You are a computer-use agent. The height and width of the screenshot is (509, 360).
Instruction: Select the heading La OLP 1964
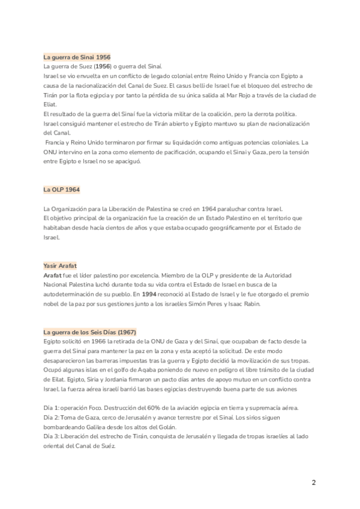point(61,189)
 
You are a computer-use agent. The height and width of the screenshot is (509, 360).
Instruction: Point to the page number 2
point(313,483)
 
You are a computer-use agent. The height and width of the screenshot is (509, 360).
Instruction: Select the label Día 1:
point(52,408)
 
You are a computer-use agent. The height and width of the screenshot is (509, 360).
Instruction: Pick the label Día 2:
point(52,417)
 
